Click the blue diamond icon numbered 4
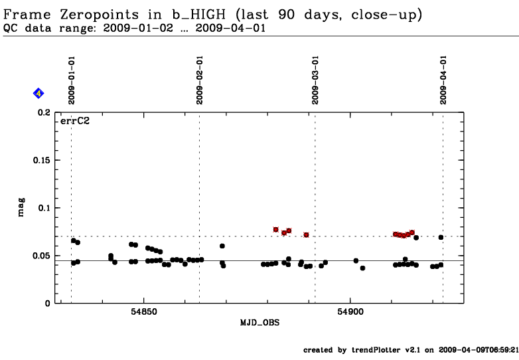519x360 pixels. click(38, 94)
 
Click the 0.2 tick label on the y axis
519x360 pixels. click(44, 113)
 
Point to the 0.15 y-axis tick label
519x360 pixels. click(41, 160)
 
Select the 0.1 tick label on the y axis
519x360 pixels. click(44, 208)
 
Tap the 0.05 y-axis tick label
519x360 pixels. click(41, 256)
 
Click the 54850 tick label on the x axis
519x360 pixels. click(144, 312)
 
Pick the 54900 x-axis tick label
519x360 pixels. click(350, 312)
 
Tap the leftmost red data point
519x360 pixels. click(276, 229)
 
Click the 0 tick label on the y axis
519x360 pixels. click(48, 303)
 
